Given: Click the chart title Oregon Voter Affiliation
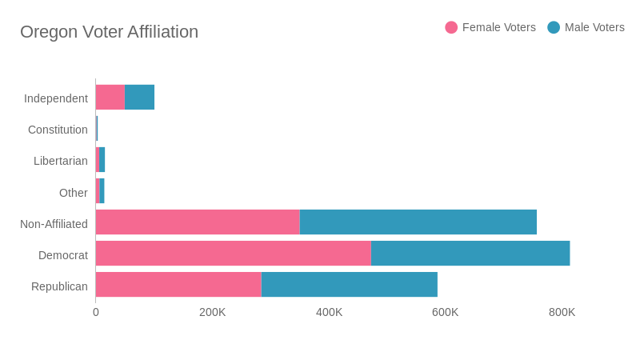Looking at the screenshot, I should (x=109, y=32).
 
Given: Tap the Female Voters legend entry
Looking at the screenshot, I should (x=490, y=27).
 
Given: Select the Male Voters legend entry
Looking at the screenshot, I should (x=586, y=27).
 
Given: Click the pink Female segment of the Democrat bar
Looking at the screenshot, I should (x=233, y=254).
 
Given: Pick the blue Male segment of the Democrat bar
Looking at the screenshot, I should (x=470, y=254).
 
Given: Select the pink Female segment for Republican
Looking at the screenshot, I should (x=178, y=285).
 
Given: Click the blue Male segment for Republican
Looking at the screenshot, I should (x=350, y=285).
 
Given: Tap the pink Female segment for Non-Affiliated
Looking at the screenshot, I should (x=198, y=222).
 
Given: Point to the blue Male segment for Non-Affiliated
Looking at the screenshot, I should (x=418, y=222).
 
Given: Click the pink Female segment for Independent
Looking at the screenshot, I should (x=110, y=98).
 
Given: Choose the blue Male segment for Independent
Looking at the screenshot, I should (x=140, y=98).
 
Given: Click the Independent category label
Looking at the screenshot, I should (x=56, y=98).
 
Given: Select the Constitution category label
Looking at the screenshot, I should (x=58, y=130).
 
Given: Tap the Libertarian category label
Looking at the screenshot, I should (x=61, y=161).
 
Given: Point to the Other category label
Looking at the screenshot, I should (x=74, y=193).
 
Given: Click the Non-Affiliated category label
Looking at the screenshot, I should (x=54, y=224).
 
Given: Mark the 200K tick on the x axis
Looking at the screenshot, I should (x=212, y=312).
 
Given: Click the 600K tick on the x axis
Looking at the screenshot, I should (x=445, y=312).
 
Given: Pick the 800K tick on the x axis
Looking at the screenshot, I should (x=562, y=312).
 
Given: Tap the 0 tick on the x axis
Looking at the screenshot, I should (x=96, y=312).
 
